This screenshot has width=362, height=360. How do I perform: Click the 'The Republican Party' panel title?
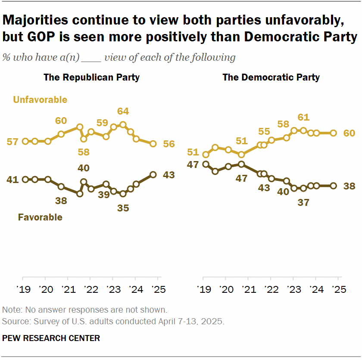(91, 78)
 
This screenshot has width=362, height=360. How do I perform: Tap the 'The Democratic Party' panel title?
(271, 78)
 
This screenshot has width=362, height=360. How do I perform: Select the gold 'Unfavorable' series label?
(40, 100)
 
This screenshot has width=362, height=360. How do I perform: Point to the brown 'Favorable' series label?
(40, 217)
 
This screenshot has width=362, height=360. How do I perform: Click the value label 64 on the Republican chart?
(123, 112)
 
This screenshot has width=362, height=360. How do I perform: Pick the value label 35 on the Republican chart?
(123, 208)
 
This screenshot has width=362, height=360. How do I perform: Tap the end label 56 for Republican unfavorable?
(169, 144)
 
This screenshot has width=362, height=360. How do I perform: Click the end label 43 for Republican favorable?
(169, 175)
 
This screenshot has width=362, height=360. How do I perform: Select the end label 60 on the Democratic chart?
(349, 133)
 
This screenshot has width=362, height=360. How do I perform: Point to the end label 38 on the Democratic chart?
(349, 186)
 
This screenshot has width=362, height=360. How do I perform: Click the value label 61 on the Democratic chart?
(304, 117)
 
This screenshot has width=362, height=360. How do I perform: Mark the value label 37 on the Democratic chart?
(304, 202)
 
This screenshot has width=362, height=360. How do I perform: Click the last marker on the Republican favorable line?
(153, 174)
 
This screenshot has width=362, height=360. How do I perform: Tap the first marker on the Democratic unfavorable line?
(206, 155)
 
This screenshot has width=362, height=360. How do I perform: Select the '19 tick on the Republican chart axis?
(22, 289)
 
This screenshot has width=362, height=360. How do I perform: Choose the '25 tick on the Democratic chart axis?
(338, 289)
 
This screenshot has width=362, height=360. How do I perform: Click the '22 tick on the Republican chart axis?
(90, 289)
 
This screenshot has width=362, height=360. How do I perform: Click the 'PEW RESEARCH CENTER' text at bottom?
(51, 338)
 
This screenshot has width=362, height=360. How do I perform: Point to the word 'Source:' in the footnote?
(14, 321)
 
